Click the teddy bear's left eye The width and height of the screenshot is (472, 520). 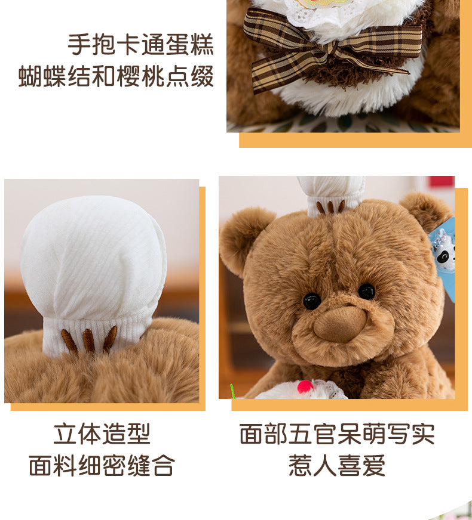tap(312, 301)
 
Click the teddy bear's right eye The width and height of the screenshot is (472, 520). tap(366, 291)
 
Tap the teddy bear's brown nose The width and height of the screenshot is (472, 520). tap(340, 324)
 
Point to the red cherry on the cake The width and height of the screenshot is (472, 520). tap(305, 387)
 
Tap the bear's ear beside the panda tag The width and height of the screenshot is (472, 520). tap(425, 210)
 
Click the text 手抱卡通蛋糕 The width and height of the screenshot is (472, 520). tap(140, 45)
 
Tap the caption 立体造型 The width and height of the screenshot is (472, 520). tap(102, 434)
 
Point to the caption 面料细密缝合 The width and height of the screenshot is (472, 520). tap(102, 465)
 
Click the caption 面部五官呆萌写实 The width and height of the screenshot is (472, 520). tap(337, 434)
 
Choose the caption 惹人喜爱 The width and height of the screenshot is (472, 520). tap(337, 465)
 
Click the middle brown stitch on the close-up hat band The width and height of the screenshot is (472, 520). tap(89, 340)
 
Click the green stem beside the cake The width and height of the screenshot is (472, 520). tap(233, 391)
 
